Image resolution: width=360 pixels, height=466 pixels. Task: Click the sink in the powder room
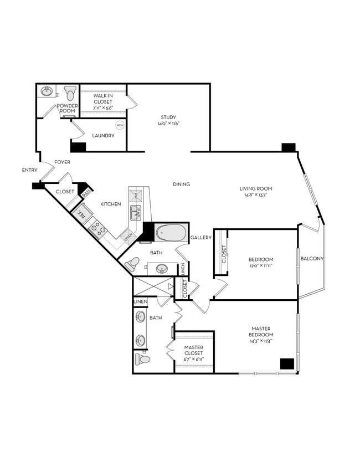(x=47, y=91)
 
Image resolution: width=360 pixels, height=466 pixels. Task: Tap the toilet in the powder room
(x=70, y=92)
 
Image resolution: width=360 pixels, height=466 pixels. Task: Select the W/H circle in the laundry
(x=120, y=125)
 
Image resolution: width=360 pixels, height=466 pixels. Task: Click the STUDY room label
(x=168, y=117)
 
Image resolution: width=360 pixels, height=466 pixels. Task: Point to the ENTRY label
(x=29, y=170)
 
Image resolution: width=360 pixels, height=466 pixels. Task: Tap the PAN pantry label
(x=86, y=193)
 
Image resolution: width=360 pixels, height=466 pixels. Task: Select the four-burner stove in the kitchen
(x=97, y=228)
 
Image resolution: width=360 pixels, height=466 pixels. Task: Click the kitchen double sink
(x=135, y=212)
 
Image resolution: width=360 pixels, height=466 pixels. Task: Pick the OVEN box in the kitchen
(x=128, y=237)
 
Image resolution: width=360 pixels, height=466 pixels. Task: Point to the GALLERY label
(x=201, y=238)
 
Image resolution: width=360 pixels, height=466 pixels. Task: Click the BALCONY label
(x=311, y=259)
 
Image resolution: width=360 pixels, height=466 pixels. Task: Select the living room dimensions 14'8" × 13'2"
(x=255, y=195)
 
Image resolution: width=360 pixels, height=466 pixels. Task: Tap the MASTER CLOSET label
(x=194, y=350)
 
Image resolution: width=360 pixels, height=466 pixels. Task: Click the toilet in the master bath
(x=142, y=359)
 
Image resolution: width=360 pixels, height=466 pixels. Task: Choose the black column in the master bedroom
(x=286, y=363)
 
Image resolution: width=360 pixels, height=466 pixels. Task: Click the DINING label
(x=181, y=185)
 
